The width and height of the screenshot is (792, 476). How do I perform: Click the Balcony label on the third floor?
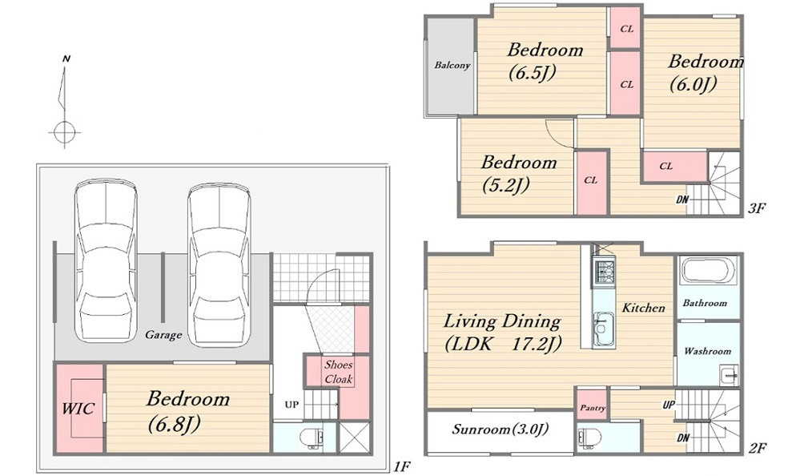pos(452,65)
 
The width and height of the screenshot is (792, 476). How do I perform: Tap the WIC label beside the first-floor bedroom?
pos(78,408)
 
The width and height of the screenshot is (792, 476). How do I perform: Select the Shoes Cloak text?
pos(339,372)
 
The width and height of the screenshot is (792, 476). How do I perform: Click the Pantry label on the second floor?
pos(593,408)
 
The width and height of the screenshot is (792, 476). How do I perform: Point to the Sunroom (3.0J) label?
pos(500,430)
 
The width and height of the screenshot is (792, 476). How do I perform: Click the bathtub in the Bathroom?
pos(709,272)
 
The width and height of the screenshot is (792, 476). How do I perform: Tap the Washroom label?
pos(707,351)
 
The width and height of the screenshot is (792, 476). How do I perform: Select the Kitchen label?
pos(643,308)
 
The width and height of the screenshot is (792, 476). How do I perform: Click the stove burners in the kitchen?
pos(605,273)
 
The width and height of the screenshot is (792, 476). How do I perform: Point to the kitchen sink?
pos(604,329)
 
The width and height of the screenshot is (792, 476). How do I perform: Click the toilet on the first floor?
pos(310,438)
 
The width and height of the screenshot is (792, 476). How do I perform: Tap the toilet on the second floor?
pos(589,437)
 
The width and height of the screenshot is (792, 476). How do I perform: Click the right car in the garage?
pos(219,264)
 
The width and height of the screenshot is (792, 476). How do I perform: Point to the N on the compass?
pos(66,58)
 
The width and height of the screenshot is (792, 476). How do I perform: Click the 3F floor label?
pos(757,208)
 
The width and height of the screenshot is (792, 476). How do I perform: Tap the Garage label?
pos(163,334)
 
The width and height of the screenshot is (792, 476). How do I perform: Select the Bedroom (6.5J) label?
pos(545,62)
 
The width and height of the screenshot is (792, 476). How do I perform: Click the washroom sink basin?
pos(728,376)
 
